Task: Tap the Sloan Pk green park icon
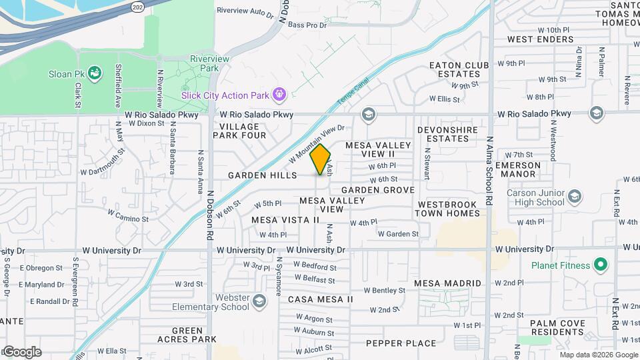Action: pyautogui.click(x=95, y=72)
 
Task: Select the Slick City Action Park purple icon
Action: pyautogui.click(x=280, y=95)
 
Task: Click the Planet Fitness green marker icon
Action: pyautogui.click(x=601, y=265)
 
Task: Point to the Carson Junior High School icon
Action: pyautogui.click(x=575, y=197)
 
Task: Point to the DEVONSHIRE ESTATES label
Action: pyautogui.click(x=443, y=134)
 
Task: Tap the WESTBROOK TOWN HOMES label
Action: pyautogui.click(x=447, y=209)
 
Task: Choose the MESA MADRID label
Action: pyautogui.click(x=447, y=283)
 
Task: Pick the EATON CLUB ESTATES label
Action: pyautogui.click(x=459, y=69)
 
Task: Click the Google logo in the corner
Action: pyautogui.click(x=22, y=351)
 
